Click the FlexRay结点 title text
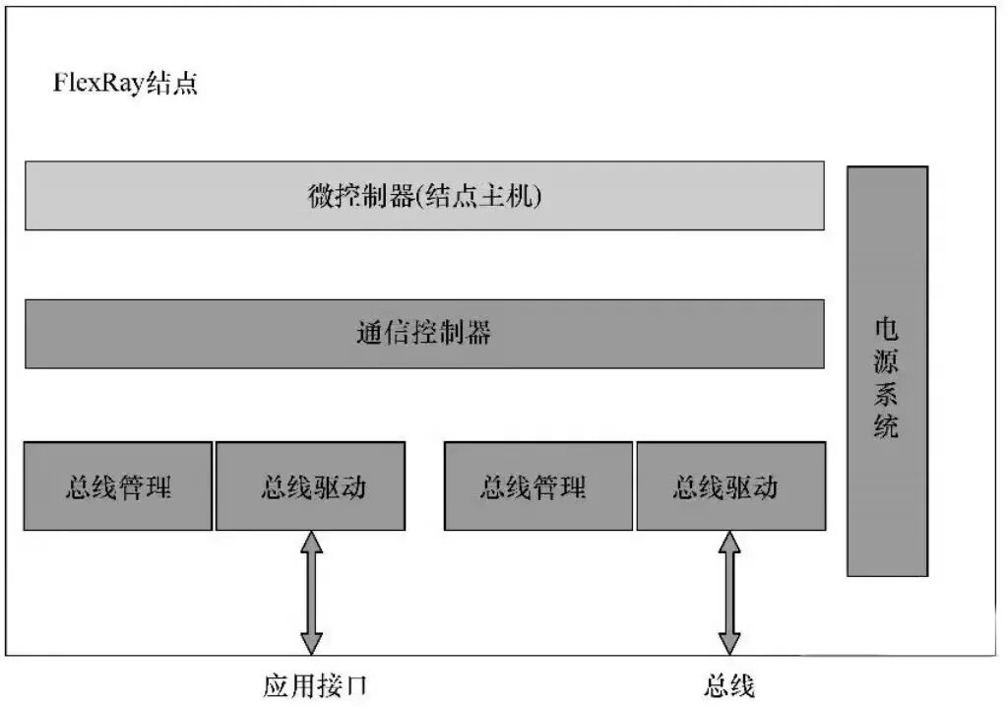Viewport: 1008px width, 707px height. point(125,83)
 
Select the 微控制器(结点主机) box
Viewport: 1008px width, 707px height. point(424,196)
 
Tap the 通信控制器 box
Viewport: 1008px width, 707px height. point(424,334)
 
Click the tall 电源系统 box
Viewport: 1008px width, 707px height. point(887,371)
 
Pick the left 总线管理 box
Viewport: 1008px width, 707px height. point(118,486)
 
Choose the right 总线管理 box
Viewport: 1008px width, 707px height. point(538,486)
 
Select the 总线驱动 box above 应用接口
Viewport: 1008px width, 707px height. point(310,486)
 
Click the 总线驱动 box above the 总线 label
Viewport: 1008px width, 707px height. point(730,486)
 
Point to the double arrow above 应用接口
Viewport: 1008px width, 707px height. point(311,592)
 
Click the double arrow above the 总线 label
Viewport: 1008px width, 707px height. point(729,592)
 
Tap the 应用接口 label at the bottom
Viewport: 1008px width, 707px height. point(315,685)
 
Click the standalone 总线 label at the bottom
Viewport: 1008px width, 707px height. point(729,685)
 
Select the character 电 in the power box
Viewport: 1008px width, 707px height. point(887,328)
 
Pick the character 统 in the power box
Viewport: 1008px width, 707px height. point(887,427)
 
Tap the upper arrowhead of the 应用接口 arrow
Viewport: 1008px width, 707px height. point(311,542)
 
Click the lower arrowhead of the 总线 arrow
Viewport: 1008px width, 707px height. point(729,643)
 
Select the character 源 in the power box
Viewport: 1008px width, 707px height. point(887,361)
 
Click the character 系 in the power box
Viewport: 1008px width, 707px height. point(887,394)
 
